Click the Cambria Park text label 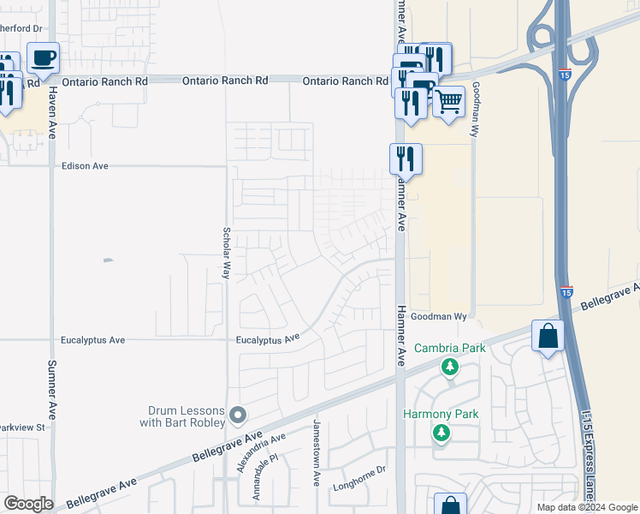point(449,349)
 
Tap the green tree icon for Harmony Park point(441,433)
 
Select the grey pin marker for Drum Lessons point(239,415)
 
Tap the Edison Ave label point(85,165)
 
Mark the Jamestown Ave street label point(316,453)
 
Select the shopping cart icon point(448,102)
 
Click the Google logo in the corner point(28,504)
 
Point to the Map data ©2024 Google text point(586,507)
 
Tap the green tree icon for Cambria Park point(449,367)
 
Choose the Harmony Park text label point(441,415)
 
